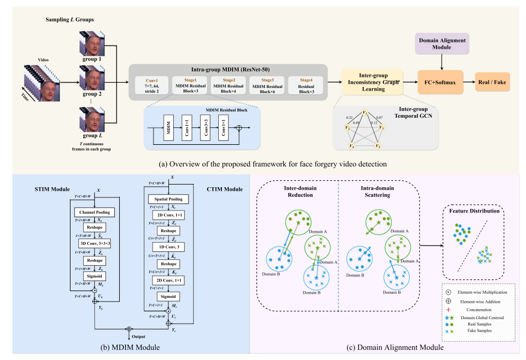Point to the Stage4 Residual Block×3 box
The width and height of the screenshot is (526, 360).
pos(306,85)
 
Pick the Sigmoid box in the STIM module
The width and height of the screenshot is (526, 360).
pos(95,276)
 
